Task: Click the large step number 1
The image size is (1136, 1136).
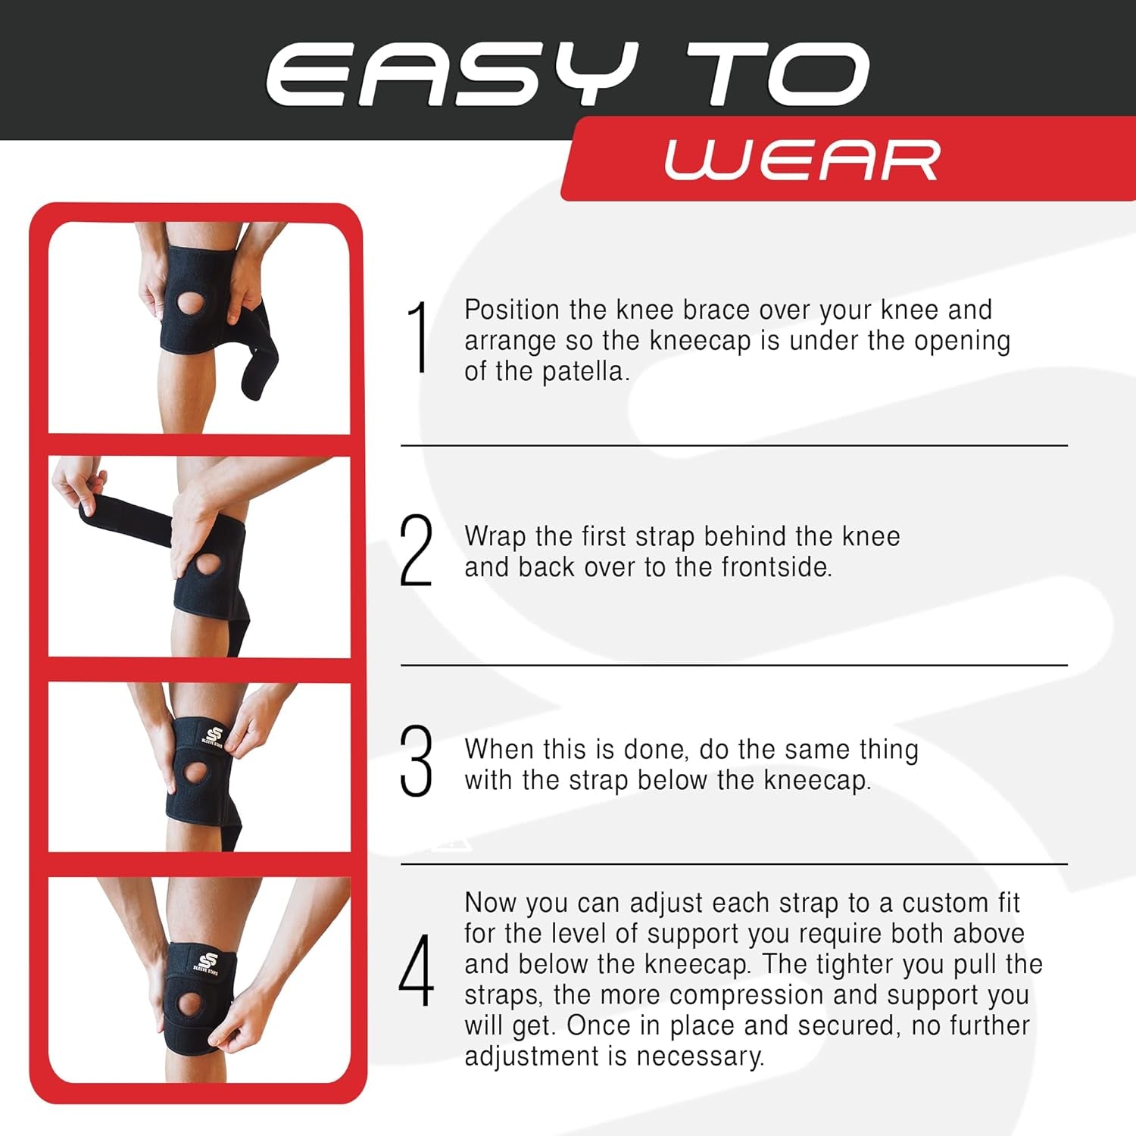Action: (417, 337)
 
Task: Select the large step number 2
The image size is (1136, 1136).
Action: (416, 551)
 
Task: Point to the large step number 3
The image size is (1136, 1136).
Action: (416, 761)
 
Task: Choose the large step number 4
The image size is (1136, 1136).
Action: (417, 971)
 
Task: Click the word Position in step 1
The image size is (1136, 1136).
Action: (512, 310)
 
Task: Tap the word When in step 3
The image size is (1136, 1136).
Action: (499, 749)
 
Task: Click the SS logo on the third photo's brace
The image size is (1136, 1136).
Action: (212, 735)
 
